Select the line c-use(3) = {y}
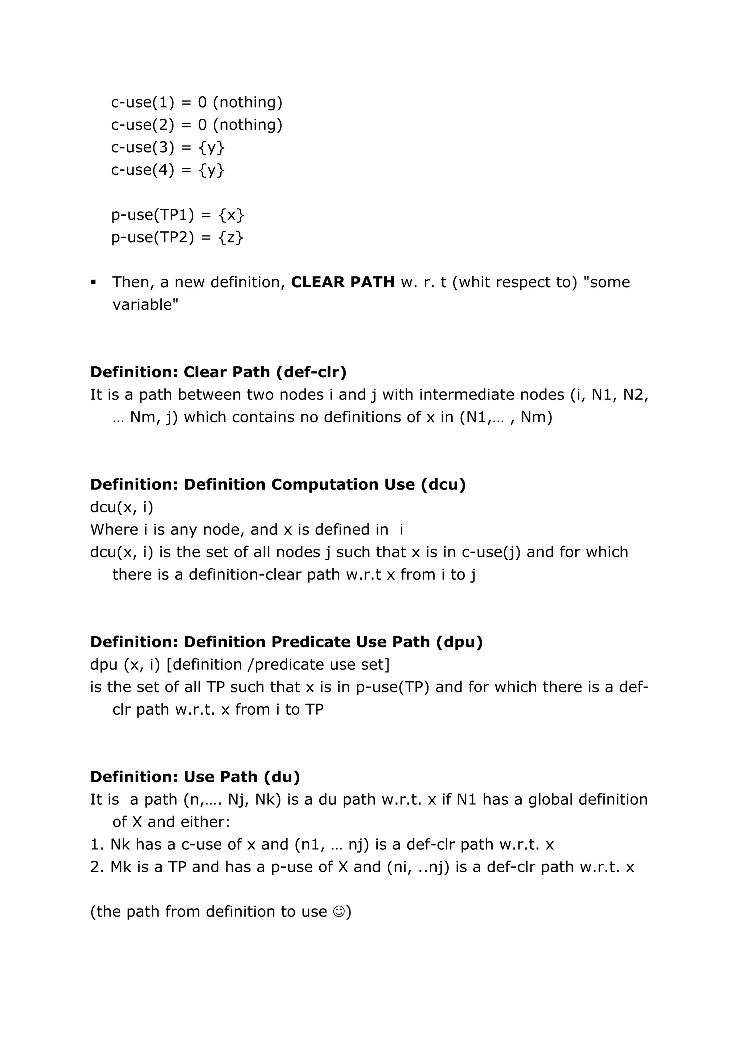168,147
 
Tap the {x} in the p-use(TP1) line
231,215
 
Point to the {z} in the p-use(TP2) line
231,237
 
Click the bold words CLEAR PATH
342,282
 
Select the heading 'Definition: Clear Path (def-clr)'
218,372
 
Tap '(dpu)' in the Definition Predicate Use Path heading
459,642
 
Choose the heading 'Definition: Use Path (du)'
195,777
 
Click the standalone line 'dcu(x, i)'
122,507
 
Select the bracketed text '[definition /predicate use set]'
278,665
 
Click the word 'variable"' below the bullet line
145,305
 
